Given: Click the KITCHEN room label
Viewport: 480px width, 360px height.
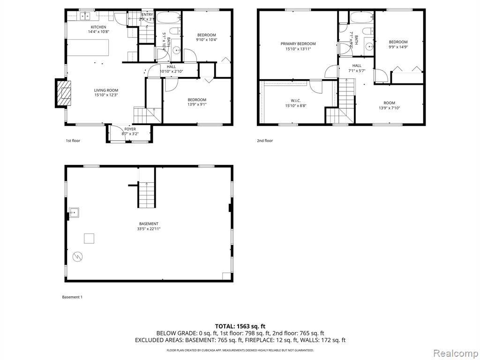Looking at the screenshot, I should pyautogui.click(x=98, y=27).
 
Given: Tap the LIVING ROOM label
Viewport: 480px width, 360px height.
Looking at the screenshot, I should pyautogui.click(x=106, y=90).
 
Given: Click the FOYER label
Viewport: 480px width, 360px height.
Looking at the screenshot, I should pyautogui.click(x=130, y=129).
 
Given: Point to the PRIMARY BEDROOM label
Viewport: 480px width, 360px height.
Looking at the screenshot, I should pyautogui.click(x=298, y=44).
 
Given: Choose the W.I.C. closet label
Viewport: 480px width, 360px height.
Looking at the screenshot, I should pyautogui.click(x=295, y=100).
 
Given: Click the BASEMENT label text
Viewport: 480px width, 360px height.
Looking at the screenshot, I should pyautogui.click(x=149, y=224).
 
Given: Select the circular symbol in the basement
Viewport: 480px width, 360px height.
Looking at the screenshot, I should pyautogui.click(x=77, y=256).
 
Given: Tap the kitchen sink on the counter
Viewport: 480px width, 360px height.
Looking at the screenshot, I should pyautogui.click(x=85, y=17).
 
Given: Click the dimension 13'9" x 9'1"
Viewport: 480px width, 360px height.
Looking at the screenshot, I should pyautogui.click(x=197, y=105).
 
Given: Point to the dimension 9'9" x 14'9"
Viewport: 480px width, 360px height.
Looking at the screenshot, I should pyautogui.click(x=398, y=47).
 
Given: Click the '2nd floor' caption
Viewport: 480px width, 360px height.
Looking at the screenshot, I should pyautogui.click(x=264, y=141).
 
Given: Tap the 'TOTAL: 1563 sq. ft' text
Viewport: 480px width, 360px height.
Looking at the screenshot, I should pyautogui.click(x=240, y=326).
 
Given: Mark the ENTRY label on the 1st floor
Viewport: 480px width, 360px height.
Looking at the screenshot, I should pyautogui.click(x=147, y=15).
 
